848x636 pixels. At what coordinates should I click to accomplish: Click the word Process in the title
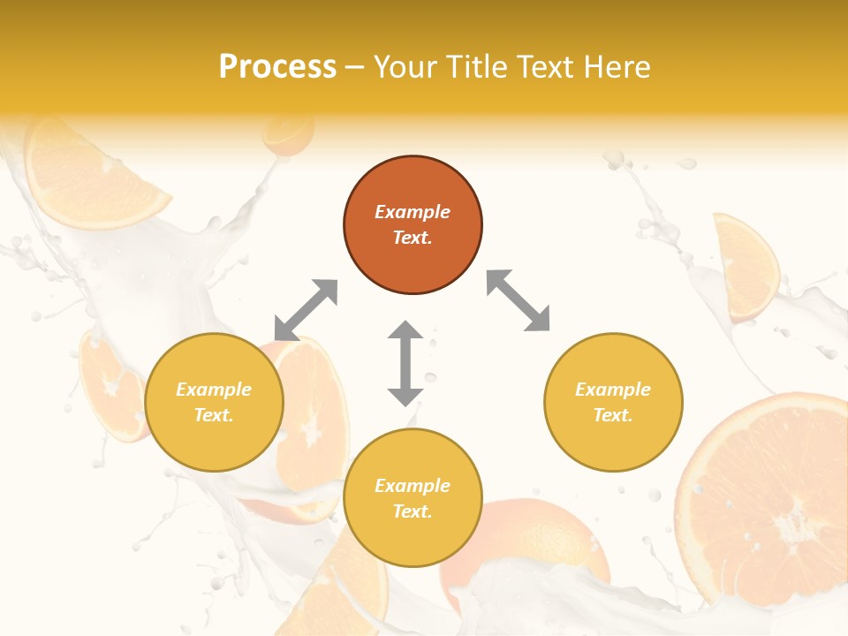pyautogui.click(x=277, y=67)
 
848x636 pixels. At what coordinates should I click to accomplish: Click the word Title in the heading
pyautogui.click(x=473, y=67)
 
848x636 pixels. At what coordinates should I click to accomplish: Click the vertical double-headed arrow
pyautogui.click(x=405, y=363)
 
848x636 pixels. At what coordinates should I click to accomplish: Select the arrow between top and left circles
pyautogui.click(x=306, y=309)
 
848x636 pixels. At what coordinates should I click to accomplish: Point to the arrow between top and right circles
pyautogui.click(x=518, y=300)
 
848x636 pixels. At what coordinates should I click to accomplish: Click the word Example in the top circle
pyautogui.click(x=413, y=212)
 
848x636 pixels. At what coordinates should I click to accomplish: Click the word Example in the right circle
pyautogui.click(x=613, y=390)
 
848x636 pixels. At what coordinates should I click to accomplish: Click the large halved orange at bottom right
pyautogui.click(x=768, y=503)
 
